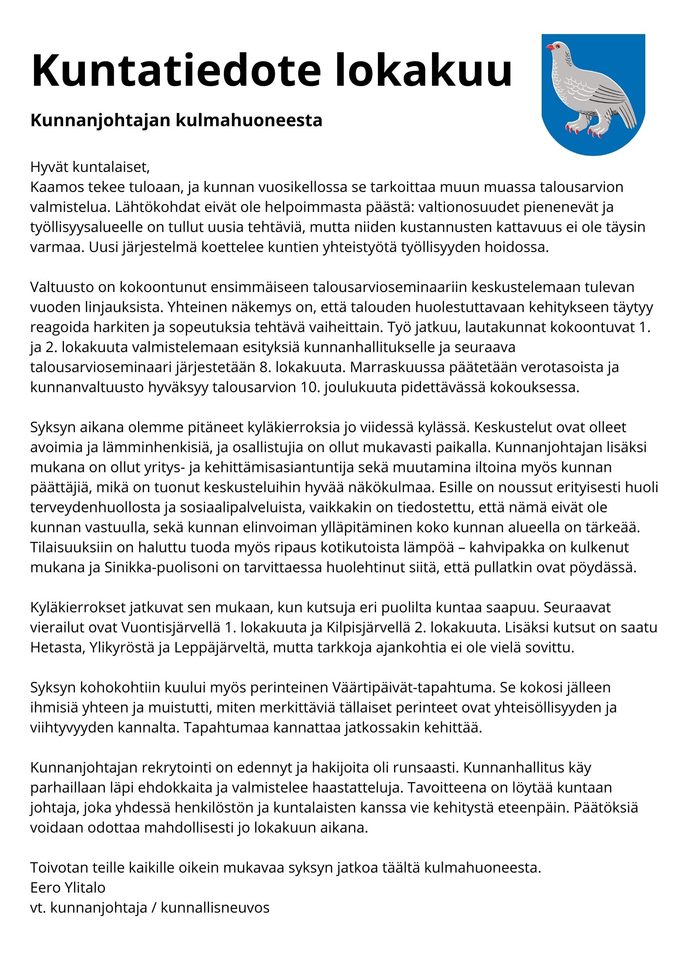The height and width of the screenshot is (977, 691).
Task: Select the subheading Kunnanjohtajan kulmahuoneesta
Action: pos(176,121)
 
